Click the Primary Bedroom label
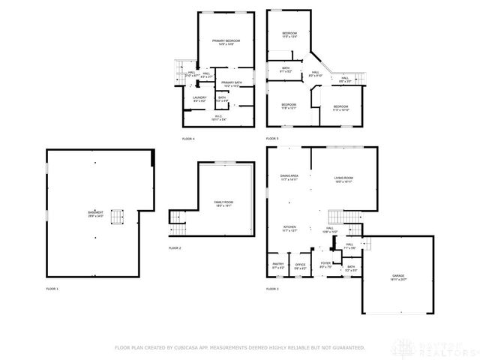[x=222, y=42]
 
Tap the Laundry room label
[x=199, y=98]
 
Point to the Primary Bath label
[x=232, y=84]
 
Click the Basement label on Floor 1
[x=95, y=214]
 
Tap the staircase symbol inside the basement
[x=116, y=217]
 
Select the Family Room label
[x=223, y=203]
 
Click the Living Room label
[x=343, y=179]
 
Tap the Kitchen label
[x=289, y=229]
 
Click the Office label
[x=300, y=265]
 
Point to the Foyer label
[x=325, y=264]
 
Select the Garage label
[x=397, y=277]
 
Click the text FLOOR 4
[x=188, y=139]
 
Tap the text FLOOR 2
[x=175, y=247]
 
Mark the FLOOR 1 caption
[x=52, y=289]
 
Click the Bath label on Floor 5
[x=286, y=70]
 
